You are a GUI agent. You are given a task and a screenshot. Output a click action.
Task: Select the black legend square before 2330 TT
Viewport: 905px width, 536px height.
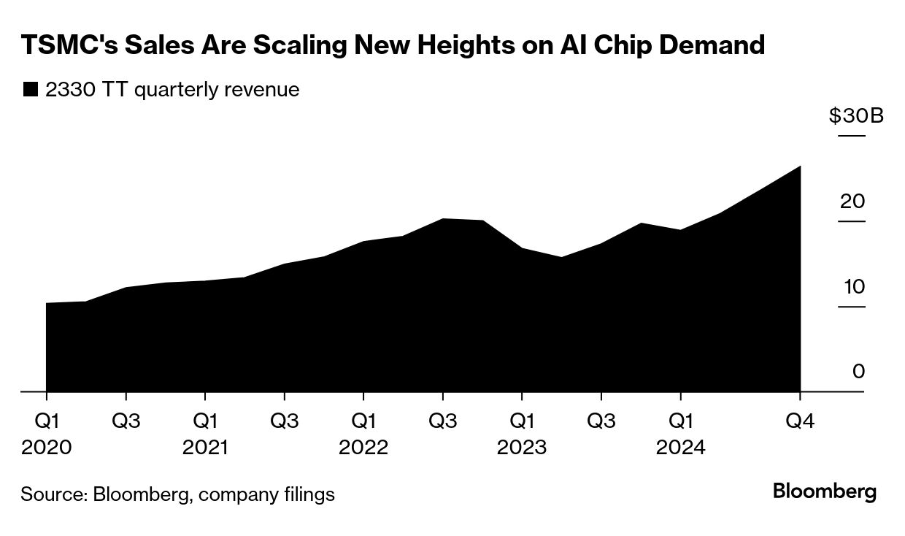[x=30, y=90]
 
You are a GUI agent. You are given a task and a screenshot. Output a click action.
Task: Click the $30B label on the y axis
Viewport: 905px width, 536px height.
[x=856, y=115]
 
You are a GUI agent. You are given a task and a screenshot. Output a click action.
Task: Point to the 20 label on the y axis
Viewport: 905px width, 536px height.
[x=852, y=201]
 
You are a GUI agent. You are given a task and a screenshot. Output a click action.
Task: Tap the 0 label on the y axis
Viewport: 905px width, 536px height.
[x=858, y=372]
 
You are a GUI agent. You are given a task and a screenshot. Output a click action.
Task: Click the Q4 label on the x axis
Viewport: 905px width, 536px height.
[x=800, y=421]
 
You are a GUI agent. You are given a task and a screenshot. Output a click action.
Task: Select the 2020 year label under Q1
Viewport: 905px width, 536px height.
[x=47, y=447]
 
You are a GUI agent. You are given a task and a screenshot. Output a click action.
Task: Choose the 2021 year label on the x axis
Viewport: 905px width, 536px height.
[x=205, y=447]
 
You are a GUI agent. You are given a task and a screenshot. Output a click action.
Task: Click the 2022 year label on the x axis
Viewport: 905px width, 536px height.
[x=363, y=447]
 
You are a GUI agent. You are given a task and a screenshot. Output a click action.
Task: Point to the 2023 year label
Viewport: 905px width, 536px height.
[x=521, y=447]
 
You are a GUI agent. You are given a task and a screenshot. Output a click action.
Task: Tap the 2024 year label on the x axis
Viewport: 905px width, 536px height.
[x=680, y=447]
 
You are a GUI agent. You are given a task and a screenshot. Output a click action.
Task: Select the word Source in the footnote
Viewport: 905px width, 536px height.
[x=52, y=494]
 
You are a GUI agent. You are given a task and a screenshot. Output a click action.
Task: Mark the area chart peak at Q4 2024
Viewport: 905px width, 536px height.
[x=800, y=167]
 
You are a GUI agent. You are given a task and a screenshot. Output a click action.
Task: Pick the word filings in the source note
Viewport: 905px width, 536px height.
[x=309, y=494]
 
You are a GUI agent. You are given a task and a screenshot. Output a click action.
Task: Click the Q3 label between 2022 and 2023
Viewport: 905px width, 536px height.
[x=442, y=421]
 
